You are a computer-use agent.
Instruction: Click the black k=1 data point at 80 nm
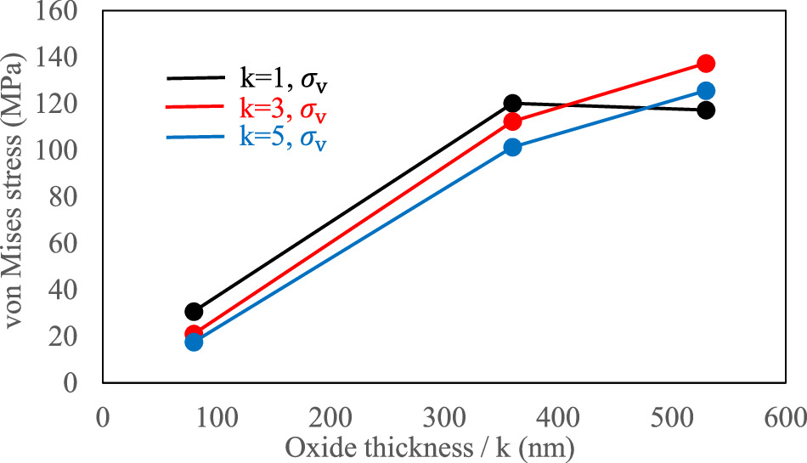click(194, 312)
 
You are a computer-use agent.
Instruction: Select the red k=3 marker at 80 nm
click(194, 335)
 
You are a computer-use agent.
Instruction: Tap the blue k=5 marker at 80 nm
click(194, 342)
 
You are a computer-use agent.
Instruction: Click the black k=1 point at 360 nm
click(512, 104)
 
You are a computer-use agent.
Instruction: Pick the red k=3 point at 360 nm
click(512, 121)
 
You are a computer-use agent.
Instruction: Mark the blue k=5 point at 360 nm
click(512, 147)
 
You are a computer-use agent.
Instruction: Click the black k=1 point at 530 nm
click(706, 110)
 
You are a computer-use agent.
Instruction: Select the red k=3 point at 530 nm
click(706, 64)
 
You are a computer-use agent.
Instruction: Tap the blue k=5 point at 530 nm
click(706, 91)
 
